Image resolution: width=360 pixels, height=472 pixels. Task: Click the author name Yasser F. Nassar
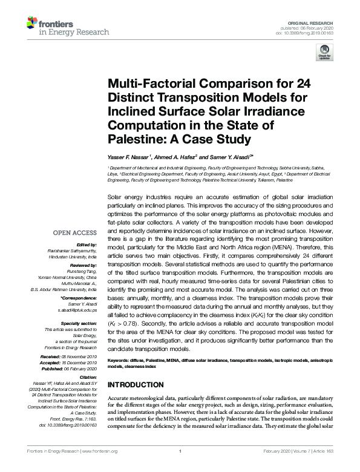(128, 157)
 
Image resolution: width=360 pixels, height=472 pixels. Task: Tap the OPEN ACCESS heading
(75, 232)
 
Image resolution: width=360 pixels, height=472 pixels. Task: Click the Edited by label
(88, 244)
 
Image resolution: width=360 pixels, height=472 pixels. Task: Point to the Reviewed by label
(83, 265)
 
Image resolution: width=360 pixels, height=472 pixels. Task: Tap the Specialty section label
(79, 324)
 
